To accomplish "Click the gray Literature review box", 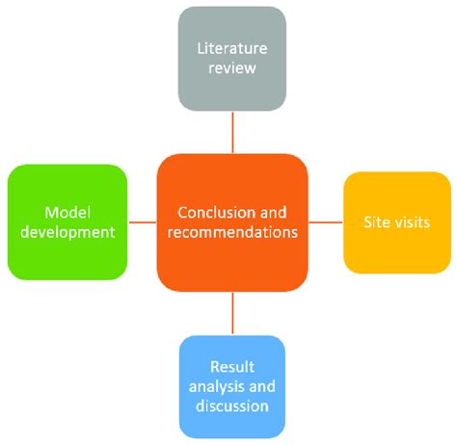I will pyautogui.click(x=232, y=58).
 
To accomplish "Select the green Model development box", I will pyautogui.click(x=67, y=221).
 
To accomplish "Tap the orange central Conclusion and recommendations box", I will pyautogui.click(x=232, y=221).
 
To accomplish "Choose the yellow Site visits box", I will pyautogui.click(x=397, y=222).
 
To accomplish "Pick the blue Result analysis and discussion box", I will pyautogui.click(x=232, y=386).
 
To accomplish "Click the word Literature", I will pyautogui.click(x=232, y=47).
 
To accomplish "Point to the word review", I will pyautogui.click(x=232, y=68).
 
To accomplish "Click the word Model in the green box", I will pyautogui.click(x=67, y=211).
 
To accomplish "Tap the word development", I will pyautogui.click(x=67, y=232).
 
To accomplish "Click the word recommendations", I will pyautogui.click(x=232, y=232).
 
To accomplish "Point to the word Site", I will pyautogui.click(x=377, y=222).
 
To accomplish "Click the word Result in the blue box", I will pyautogui.click(x=232, y=366).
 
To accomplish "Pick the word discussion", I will pyautogui.click(x=232, y=406).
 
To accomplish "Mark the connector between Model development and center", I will pyautogui.click(x=142, y=222).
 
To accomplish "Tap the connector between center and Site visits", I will pyautogui.click(x=326, y=222).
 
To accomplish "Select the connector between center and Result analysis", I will pyautogui.click(x=232, y=314).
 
